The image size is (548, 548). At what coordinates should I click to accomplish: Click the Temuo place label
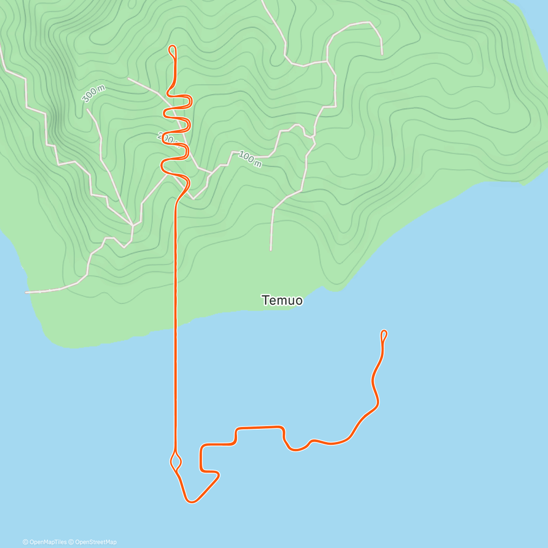[x=282, y=300]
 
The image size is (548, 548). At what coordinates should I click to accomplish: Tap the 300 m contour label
[x=94, y=94]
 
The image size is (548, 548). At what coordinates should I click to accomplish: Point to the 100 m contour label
[x=250, y=159]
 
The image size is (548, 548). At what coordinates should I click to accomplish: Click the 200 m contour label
[x=167, y=137]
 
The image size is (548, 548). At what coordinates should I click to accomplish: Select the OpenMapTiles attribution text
[x=45, y=542]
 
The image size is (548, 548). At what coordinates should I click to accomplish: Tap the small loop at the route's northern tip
[x=173, y=50]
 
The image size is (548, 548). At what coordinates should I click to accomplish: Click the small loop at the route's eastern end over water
[x=384, y=335]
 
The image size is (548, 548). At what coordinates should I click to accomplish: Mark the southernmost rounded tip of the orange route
[x=191, y=501]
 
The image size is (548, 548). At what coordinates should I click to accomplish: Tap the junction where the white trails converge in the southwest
[x=132, y=225]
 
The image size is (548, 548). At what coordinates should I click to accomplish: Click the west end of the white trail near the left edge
[x=26, y=292]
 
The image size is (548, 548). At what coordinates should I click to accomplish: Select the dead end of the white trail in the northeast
[x=382, y=54]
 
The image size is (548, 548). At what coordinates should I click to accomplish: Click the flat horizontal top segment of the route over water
[x=259, y=428]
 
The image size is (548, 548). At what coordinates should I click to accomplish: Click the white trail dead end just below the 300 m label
[x=87, y=109]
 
